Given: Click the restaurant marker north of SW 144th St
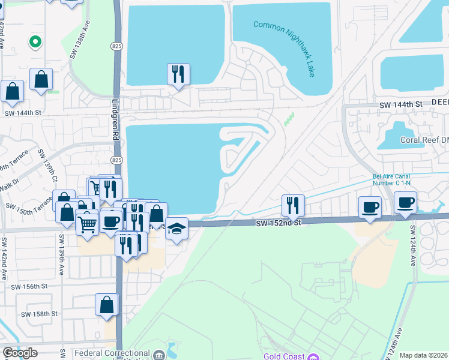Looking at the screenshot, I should [178, 74].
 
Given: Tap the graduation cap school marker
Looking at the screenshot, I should [176, 229].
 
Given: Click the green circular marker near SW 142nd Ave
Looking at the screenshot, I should [35, 42].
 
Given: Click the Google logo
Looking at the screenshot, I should [20, 353].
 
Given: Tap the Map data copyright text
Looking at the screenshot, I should [424, 356].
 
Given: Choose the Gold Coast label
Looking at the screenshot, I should [283, 356].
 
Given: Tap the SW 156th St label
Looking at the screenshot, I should [29, 287].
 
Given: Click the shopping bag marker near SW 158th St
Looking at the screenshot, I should [106, 305].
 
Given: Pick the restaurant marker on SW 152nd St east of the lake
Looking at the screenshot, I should [293, 205].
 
